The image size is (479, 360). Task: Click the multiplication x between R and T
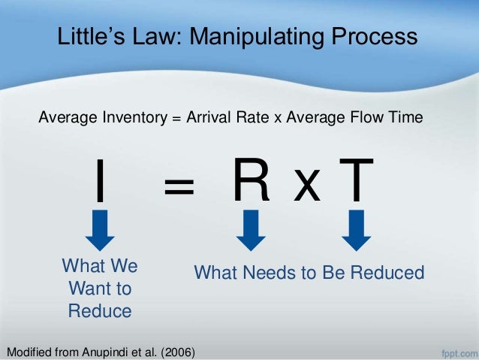[306, 186]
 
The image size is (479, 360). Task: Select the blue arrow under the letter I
[99, 229]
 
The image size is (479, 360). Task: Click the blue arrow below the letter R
[251, 229]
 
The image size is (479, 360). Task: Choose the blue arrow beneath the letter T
[356, 229]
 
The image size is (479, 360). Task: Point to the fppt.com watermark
[456, 350]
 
